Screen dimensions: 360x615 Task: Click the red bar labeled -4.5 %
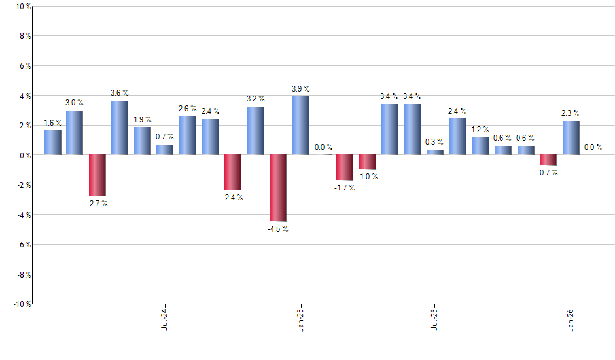[x=278, y=188]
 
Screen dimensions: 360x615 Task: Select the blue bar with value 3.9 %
[x=300, y=126]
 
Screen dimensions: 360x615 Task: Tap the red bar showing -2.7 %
[x=97, y=175]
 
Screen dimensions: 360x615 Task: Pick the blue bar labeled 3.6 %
[x=120, y=128]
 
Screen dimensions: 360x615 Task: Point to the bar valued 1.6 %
[x=53, y=143]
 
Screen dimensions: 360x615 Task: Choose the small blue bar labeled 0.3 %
[x=435, y=153]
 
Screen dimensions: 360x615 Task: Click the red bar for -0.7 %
[x=548, y=160]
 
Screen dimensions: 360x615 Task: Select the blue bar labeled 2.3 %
[x=571, y=138]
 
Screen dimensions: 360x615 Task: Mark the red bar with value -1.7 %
[x=345, y=168]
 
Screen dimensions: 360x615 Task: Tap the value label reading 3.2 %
[x=256, y=99]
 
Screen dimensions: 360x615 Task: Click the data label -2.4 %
[x=233, y=198]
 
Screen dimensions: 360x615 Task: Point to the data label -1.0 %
[x=368, y=177]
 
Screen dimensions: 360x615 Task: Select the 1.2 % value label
[x=480, y=129]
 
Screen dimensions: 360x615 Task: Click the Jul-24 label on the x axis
[x=164, y=318]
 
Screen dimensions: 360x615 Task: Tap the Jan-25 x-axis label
[x=300, y=318]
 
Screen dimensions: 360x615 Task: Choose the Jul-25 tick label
[x=435, y=318]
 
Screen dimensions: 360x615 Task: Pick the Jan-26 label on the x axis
[x=571, y=318]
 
